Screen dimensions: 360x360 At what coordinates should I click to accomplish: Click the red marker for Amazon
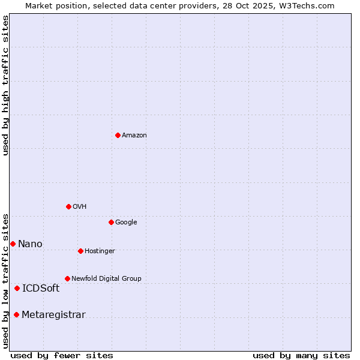click(118, 135)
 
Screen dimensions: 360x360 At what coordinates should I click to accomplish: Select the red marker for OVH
click(68, 206)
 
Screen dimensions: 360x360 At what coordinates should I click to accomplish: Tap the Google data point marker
click(111, 222)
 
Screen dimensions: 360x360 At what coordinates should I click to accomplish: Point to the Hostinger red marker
click(80, 251)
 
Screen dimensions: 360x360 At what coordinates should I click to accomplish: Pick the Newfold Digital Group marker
click(67, 278)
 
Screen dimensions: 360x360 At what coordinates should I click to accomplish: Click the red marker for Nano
click(13, 244)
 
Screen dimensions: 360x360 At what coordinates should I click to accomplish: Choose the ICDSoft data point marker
click(17, 288)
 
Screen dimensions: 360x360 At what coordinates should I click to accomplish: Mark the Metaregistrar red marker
click(16, 314)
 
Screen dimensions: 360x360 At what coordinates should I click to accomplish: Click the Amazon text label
click(134, 135)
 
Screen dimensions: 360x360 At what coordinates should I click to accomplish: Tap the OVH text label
click(79, 206)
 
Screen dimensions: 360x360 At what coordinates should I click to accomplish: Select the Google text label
click(126, 222)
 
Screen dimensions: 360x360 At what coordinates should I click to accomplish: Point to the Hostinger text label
click(100, 251)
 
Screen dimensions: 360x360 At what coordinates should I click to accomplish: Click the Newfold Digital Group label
click(106, 278)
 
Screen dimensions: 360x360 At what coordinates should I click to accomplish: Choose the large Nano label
click(30, 244)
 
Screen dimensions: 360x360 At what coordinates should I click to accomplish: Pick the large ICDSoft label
click(41, 288)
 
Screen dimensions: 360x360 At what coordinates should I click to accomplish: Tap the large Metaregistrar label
click(53, 314)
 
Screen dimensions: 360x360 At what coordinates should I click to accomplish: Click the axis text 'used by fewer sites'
click(62, 355)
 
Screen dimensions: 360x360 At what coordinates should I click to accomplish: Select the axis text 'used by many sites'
click(301, 355)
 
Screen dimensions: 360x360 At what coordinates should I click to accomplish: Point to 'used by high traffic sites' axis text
click(5, 85)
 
